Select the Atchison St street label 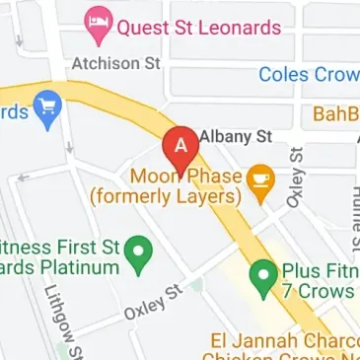[115, 63]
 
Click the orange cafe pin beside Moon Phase [260, 183]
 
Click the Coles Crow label [309, 74]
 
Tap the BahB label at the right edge [335, 114]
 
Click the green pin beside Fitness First [140, 254]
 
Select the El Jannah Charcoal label [282, 341]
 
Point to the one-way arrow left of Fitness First [24, 179]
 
